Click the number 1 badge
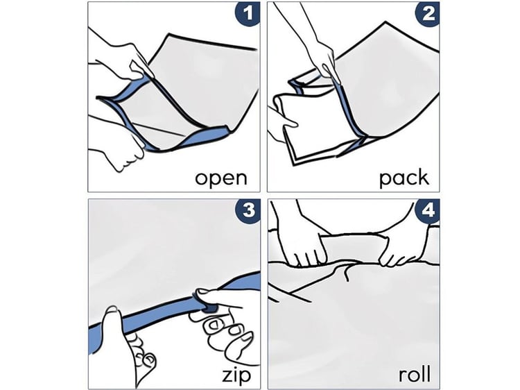click(x=248, y=14)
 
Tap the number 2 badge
click(x=428, y=14)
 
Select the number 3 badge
click(x=248, y=210)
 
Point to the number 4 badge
click(x=428, y=210)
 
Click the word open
click(x=221, y=179)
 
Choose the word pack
click(x=404, y=178)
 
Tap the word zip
click(x=236, y=375)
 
